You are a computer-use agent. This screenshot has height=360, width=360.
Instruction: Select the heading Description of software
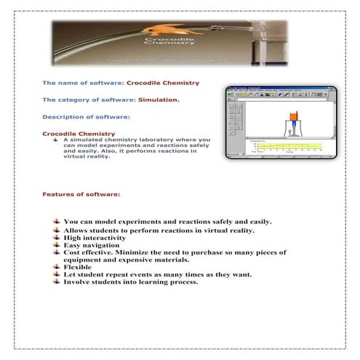click(x=86, y=116)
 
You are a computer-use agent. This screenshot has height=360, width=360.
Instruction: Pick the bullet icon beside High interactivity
click(x=57, y=238)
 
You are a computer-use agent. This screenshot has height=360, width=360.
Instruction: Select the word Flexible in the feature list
click(x=78, y=267)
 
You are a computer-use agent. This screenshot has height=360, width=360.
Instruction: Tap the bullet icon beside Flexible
click(x=57, y=267)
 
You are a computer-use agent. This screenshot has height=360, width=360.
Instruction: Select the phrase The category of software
click(x=79, y=99)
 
